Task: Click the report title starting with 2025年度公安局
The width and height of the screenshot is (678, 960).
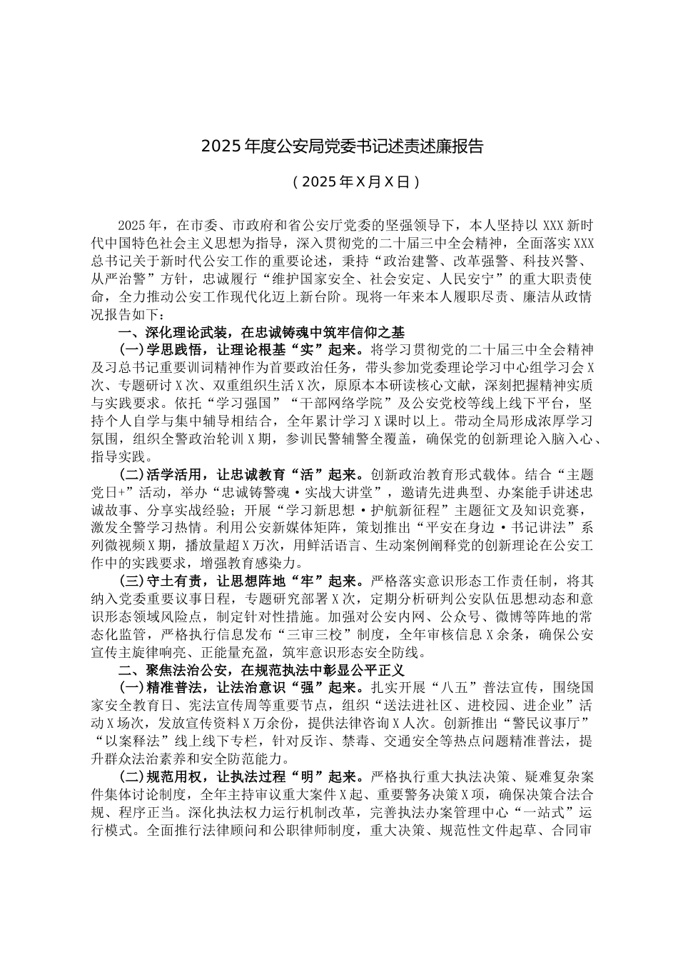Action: point(343,147)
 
